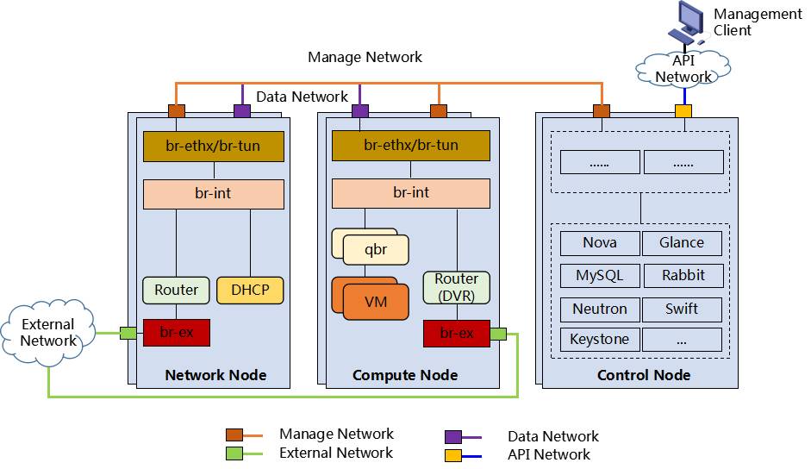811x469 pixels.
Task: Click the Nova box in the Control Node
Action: (600, 243)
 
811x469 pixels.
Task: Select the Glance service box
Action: (682, 243)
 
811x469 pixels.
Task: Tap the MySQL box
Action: (600, 276)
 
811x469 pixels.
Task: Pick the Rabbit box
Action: (682, 276)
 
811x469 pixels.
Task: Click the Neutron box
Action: (600, 309)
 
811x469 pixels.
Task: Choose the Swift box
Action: (682, 309)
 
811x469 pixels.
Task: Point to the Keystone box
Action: (600, 339)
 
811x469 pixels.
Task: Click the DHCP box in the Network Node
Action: (250, 291)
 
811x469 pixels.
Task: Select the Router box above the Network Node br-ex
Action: (176, 291)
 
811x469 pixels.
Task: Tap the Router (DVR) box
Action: (456, 287)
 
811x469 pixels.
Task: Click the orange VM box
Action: (376, 302)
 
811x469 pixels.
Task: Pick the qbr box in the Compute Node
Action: (376, 250)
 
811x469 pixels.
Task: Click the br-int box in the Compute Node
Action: (410, 193)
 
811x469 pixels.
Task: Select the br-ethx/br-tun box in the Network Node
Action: (213, 147)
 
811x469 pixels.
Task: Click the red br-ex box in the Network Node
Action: (176, 333)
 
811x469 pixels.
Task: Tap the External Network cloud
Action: (48, 333)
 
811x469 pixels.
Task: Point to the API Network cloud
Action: (683, 68)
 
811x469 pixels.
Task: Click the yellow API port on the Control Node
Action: (683, 110)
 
